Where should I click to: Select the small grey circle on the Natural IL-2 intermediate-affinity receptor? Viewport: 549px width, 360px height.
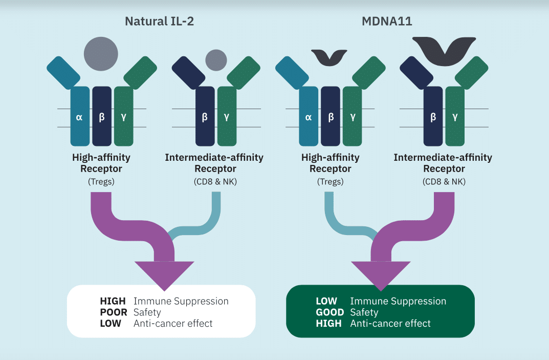(x=216, y=60)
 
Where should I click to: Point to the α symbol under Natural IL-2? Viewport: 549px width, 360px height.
(x=79, y=117)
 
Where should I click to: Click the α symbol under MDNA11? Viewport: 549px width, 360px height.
(x=309, y=117)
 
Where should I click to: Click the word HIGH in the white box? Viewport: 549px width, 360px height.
(x=113, y=301)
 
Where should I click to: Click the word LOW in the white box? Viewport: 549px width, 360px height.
(x=111, y=324)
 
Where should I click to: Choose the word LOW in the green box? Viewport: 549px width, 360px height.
(x=326, y=301)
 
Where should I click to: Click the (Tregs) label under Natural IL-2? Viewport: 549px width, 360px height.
(x=101, y=181)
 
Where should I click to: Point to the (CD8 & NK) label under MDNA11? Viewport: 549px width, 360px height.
(x=443, y=181)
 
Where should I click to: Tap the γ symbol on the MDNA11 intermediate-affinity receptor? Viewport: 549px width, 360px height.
(x=455, y=117)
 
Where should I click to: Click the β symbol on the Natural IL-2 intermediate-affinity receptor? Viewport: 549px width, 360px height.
(x=205, y=117)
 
